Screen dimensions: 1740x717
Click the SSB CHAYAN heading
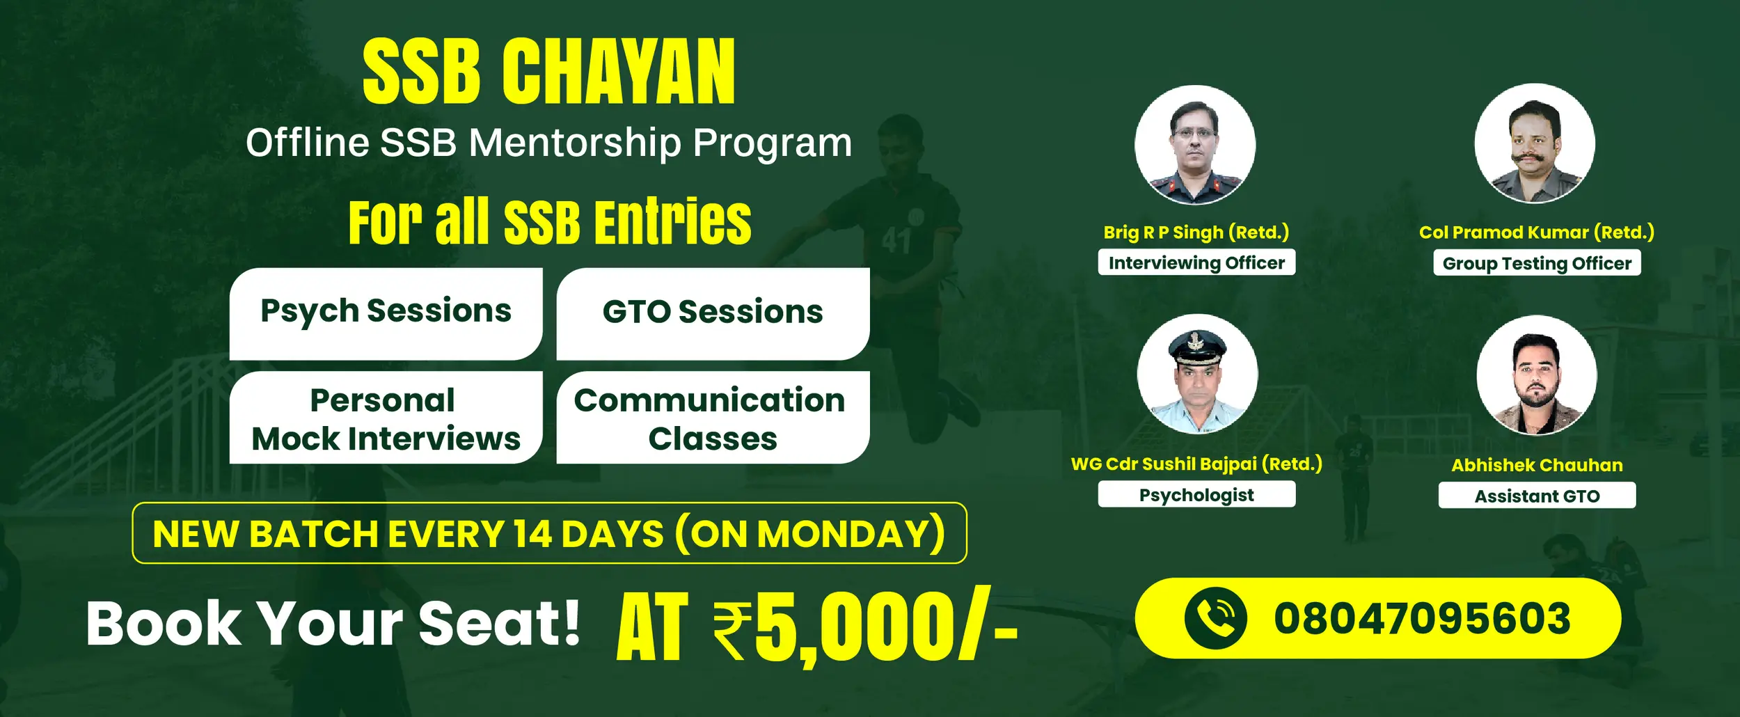pos(548,71)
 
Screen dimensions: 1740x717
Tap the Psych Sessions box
pos(386,313)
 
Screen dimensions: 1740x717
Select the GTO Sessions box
pos(713,313)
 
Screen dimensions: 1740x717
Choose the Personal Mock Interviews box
pos(386,418)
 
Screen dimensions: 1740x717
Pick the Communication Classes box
pos(713,418)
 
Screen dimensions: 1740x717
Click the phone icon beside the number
pos(1215,618)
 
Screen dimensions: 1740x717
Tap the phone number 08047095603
pos(1422,618)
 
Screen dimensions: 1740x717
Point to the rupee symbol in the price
pos(732,631)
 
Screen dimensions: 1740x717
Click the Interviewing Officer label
pos(1196,262)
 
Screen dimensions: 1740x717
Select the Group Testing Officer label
pos(1537,263)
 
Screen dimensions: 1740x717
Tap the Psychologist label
pos(1196,494)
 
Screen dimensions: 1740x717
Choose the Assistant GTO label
pos(1537,496)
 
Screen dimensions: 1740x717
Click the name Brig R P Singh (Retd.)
pos(1196,232)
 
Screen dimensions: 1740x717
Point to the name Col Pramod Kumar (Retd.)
pos(1537,232)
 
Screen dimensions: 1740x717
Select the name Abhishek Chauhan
pos(1537,465)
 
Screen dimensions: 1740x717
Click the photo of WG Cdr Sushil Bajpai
pos(1197,375)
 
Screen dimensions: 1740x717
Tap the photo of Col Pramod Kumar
pos(1535,143)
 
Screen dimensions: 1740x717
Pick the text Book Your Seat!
pos(333,624)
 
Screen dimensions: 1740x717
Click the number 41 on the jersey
pos(896,242)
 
